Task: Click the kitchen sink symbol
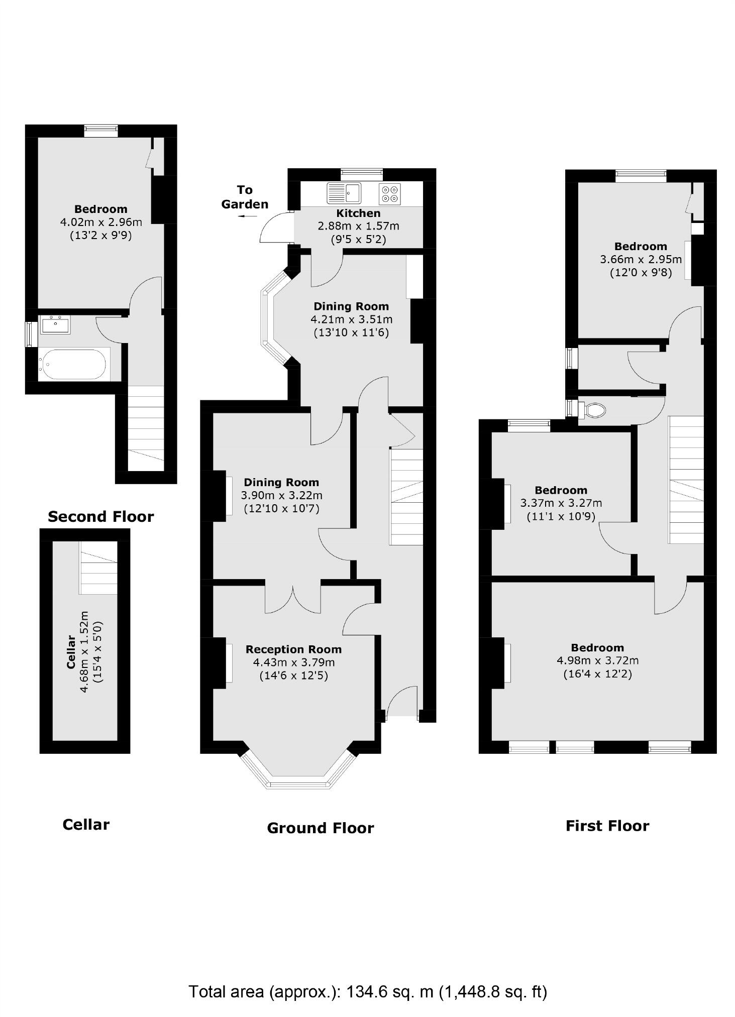(344, 193)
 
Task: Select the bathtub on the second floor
(74, 364)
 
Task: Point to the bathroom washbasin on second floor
(55, 324)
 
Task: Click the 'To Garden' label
(245, 197)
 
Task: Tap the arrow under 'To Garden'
(247, 216)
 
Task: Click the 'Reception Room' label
(293, 649)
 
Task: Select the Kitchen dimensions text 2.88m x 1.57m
(358, 226)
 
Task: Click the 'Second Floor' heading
(100, 516)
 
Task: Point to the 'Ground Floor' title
(321, 828)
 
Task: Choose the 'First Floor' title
(607, 826)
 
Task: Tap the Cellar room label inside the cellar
(71, 652)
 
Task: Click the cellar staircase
(98, 567)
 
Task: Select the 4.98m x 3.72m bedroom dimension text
(597, 660)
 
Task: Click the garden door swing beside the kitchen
(276, 228)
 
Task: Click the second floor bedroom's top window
(101, 131)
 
